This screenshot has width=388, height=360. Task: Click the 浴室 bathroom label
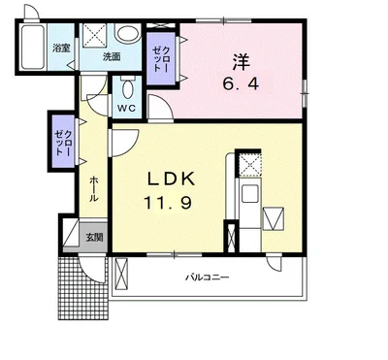(x=61, y=49)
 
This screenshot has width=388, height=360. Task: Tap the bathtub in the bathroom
(x=33, y=47)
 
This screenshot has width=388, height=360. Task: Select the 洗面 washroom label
(x=112, y=56)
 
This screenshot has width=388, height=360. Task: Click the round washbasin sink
(x=128, y=33)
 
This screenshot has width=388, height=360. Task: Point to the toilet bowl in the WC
(x=127, y=87)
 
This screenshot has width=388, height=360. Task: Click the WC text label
(x=126, y=108)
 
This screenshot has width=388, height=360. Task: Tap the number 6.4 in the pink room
(x=241, y=84)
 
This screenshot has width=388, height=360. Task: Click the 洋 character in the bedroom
(x=241, y=62)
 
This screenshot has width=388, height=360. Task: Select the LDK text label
(x=171, y=180)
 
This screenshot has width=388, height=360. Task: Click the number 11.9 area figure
(x=168, y=203)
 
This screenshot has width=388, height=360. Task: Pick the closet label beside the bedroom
(x=161, y=58)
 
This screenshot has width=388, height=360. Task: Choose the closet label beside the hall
(x=63, y=143)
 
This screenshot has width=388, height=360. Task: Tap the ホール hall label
(x=93, y=189)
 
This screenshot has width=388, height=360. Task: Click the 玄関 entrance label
(x=94, y=238)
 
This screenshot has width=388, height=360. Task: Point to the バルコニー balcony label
(x=208, y=278)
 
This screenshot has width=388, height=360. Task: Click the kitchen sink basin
(x=250, y=195)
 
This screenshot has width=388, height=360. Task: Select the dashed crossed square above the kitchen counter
(x=249, y=165)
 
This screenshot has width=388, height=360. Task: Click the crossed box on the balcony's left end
(x=121, y=274)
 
